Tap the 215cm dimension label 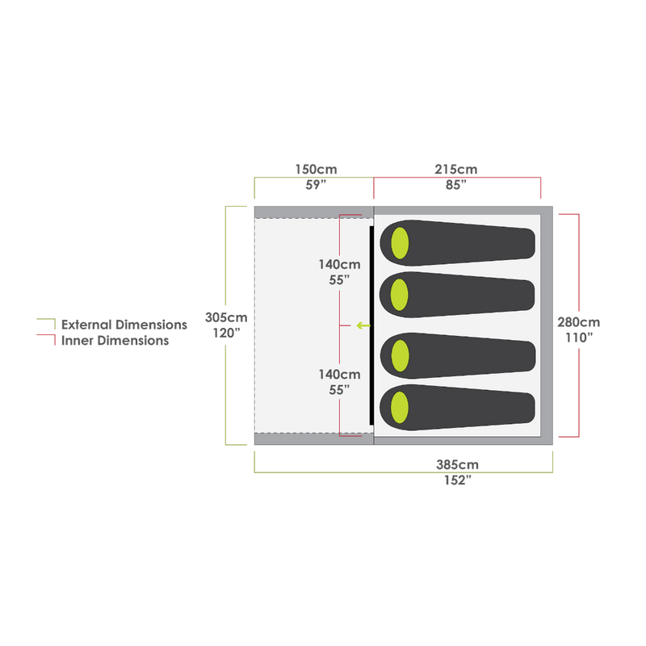(456, 170)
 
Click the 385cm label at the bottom (457, 464)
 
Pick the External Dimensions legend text (125, 325)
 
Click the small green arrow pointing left (363, 326)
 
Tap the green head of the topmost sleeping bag (401, 242)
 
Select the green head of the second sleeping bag (400, 290)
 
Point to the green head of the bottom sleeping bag (400, 404)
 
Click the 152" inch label (457, 480)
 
